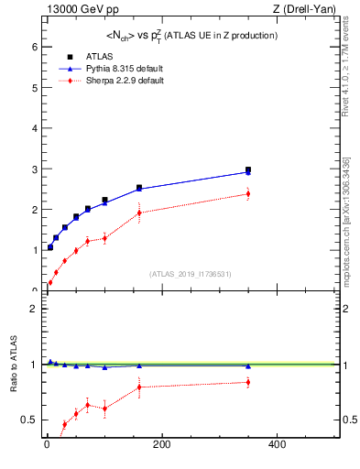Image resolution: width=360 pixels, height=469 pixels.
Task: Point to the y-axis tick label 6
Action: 34,47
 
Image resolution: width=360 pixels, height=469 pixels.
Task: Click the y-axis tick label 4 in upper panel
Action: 34,128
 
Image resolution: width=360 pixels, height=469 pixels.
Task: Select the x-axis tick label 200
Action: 162,446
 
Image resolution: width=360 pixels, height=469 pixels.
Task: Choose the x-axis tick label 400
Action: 277,446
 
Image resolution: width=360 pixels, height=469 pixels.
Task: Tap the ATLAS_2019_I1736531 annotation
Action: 191,274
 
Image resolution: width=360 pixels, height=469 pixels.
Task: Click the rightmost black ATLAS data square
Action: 248,170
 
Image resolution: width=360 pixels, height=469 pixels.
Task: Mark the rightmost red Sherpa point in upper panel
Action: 248,193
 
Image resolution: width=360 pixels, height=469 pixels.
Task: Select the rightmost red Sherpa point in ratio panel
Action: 248,382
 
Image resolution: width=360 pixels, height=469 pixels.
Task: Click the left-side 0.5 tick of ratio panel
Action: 31,420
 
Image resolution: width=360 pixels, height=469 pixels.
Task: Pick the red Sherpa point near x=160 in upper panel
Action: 139,213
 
